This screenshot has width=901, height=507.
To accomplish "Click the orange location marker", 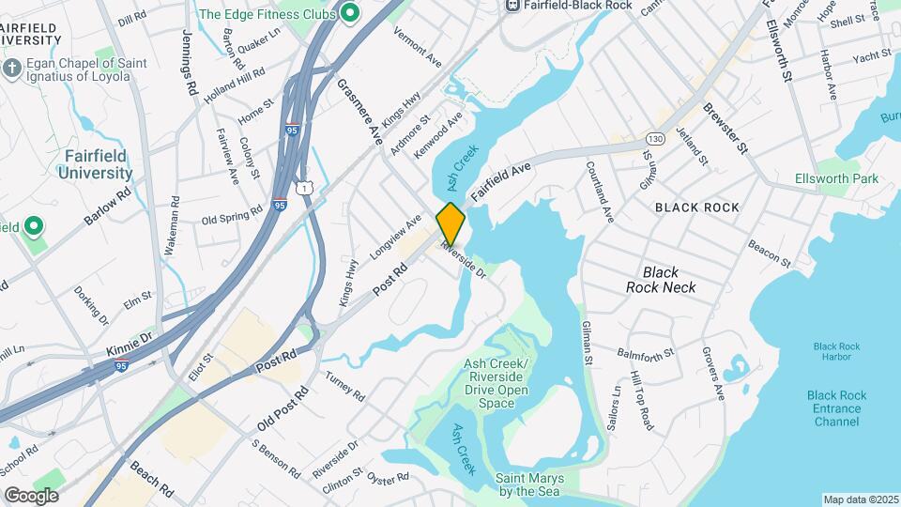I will [450, 223].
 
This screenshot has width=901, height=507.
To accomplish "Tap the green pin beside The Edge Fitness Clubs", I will [350, 13].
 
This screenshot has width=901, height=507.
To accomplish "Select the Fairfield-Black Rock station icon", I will [512, 5].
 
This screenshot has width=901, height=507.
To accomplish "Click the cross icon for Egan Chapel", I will [11, 69].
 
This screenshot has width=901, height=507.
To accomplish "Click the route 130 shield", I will [655, 138].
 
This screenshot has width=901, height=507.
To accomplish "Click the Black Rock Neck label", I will [661, 280].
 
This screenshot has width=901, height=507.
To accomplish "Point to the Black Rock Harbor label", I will [836, 352].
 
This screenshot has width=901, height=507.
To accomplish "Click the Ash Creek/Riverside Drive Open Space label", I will [503, 383].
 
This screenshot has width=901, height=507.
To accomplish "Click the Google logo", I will [30, 495].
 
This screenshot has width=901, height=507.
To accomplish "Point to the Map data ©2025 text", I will [859, 499].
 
